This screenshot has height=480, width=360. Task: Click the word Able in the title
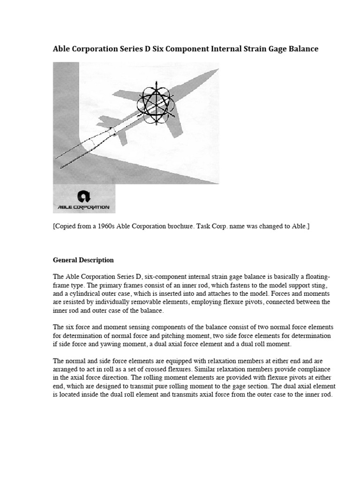tap(62, 49)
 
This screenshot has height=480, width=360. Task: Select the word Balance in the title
tap(301, 49)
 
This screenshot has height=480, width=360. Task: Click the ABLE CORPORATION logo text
tap(83, 207)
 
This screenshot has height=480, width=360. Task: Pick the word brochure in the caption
tap(193, 226)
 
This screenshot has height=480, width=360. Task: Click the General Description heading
tap(83, 260)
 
